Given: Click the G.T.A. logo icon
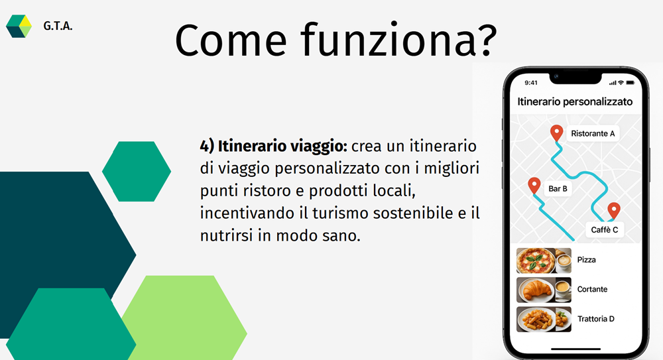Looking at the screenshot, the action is click(x=19, y=27).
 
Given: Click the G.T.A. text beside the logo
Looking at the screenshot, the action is click(x=58, y=27).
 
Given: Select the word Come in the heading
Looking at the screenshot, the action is click(x=231, y=40).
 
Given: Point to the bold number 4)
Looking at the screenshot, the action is click(x=207, y=147).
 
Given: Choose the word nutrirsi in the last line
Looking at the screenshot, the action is click(x=227, y=235).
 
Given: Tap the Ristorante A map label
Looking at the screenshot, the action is click(x=593, y=134).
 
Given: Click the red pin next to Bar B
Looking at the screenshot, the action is click(x=534, y=185).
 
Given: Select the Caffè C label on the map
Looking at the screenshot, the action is click(x=604, y=229).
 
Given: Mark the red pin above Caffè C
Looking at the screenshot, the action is click(x=614, y=211).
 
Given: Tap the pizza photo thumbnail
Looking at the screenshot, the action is click(x=544, y=261).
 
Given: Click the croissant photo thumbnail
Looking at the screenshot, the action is click(x=544, y=290).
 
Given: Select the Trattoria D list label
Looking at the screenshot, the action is click(x=596, y=319).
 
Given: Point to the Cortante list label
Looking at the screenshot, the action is click(x=592, y=289).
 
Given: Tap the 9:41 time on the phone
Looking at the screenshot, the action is click(x=531, y=82).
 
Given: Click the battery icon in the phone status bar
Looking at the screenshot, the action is click(x=631, y=82).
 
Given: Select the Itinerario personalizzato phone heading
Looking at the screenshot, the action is click(x=575, y=101).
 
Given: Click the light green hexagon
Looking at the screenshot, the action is click(x=184, y=318).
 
